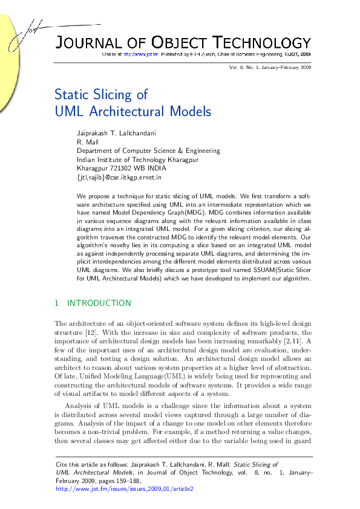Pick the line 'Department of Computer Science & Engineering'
[x=148, y=151]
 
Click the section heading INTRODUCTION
[x=99, y=303]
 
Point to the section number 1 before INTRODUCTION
[x=56, y=303]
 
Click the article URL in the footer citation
[x=124, y=488]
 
